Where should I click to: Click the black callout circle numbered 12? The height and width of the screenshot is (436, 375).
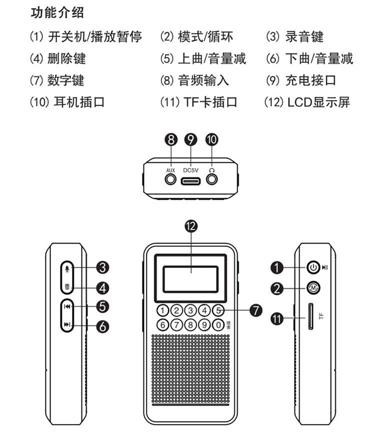point(190,226)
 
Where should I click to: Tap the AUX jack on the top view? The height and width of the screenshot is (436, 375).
point(171,178)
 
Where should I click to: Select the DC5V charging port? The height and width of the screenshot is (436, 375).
point(191,179)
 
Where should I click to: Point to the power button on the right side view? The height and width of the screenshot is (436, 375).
point(312,267)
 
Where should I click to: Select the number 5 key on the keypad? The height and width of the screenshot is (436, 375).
point(217,310)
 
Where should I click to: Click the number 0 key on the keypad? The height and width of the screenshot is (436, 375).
point(217,324)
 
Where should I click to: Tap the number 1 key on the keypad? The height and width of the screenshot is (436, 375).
point(162,310)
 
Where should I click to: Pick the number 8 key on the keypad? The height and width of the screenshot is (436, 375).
point(190,324)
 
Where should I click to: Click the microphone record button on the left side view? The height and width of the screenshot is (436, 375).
point(67,269)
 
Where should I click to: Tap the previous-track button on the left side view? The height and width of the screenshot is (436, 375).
point(67,306)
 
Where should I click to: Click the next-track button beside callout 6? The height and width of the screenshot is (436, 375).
point(67,326)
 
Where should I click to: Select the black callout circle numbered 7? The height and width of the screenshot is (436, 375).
point(255,310)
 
